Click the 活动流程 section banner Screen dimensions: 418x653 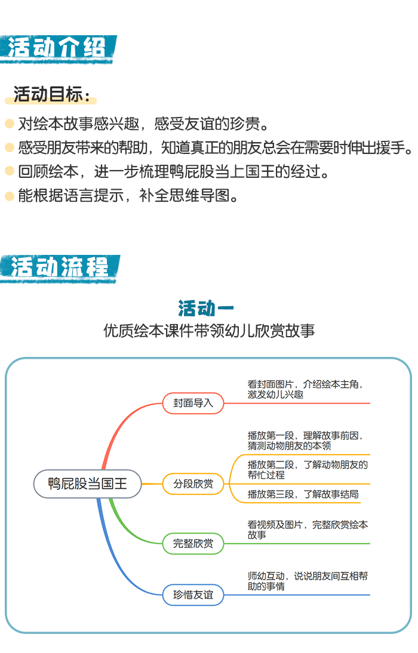pyautogui.click(x=60, y=268)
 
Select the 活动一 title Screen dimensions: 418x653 pyautogui.click(x=206, y=309)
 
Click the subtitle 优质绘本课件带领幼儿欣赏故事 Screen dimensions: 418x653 pyautogui.click(x=209, y=331)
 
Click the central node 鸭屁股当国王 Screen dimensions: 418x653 pyautogui.click(x=88, y=484)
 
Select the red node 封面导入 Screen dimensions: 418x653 pyautogui.click(x=193, y=403)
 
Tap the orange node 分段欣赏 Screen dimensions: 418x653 pyautogui.click(x=193, y=484)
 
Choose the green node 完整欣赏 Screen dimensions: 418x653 pyautogui.click(x=193, y=544)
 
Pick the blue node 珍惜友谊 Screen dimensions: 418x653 pyautogui.click(x=193, y=595)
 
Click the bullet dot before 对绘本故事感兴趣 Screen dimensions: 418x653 pyautogui.click(x=9, y=124)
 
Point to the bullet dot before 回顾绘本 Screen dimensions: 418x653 pyautogui.click(x=9, y=171)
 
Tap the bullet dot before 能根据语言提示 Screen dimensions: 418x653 pyautogui.click(x=9, y=195)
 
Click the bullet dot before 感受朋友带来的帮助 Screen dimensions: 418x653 pyautogui.click(x=9, y=147)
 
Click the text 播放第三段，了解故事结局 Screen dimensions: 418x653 pyautogui.click(x=303, y=494)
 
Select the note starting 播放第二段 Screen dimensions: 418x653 pyautogui.click(x=308, y=470)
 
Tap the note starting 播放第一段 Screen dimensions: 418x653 pyautogui.click(x=305, y=441)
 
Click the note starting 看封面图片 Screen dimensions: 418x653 pyautogui.click(x=305, y=389)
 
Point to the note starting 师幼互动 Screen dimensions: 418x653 pyautogui.click(x=308, y=581)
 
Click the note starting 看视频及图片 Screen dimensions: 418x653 pyautogui.click(x=308, y=529)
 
